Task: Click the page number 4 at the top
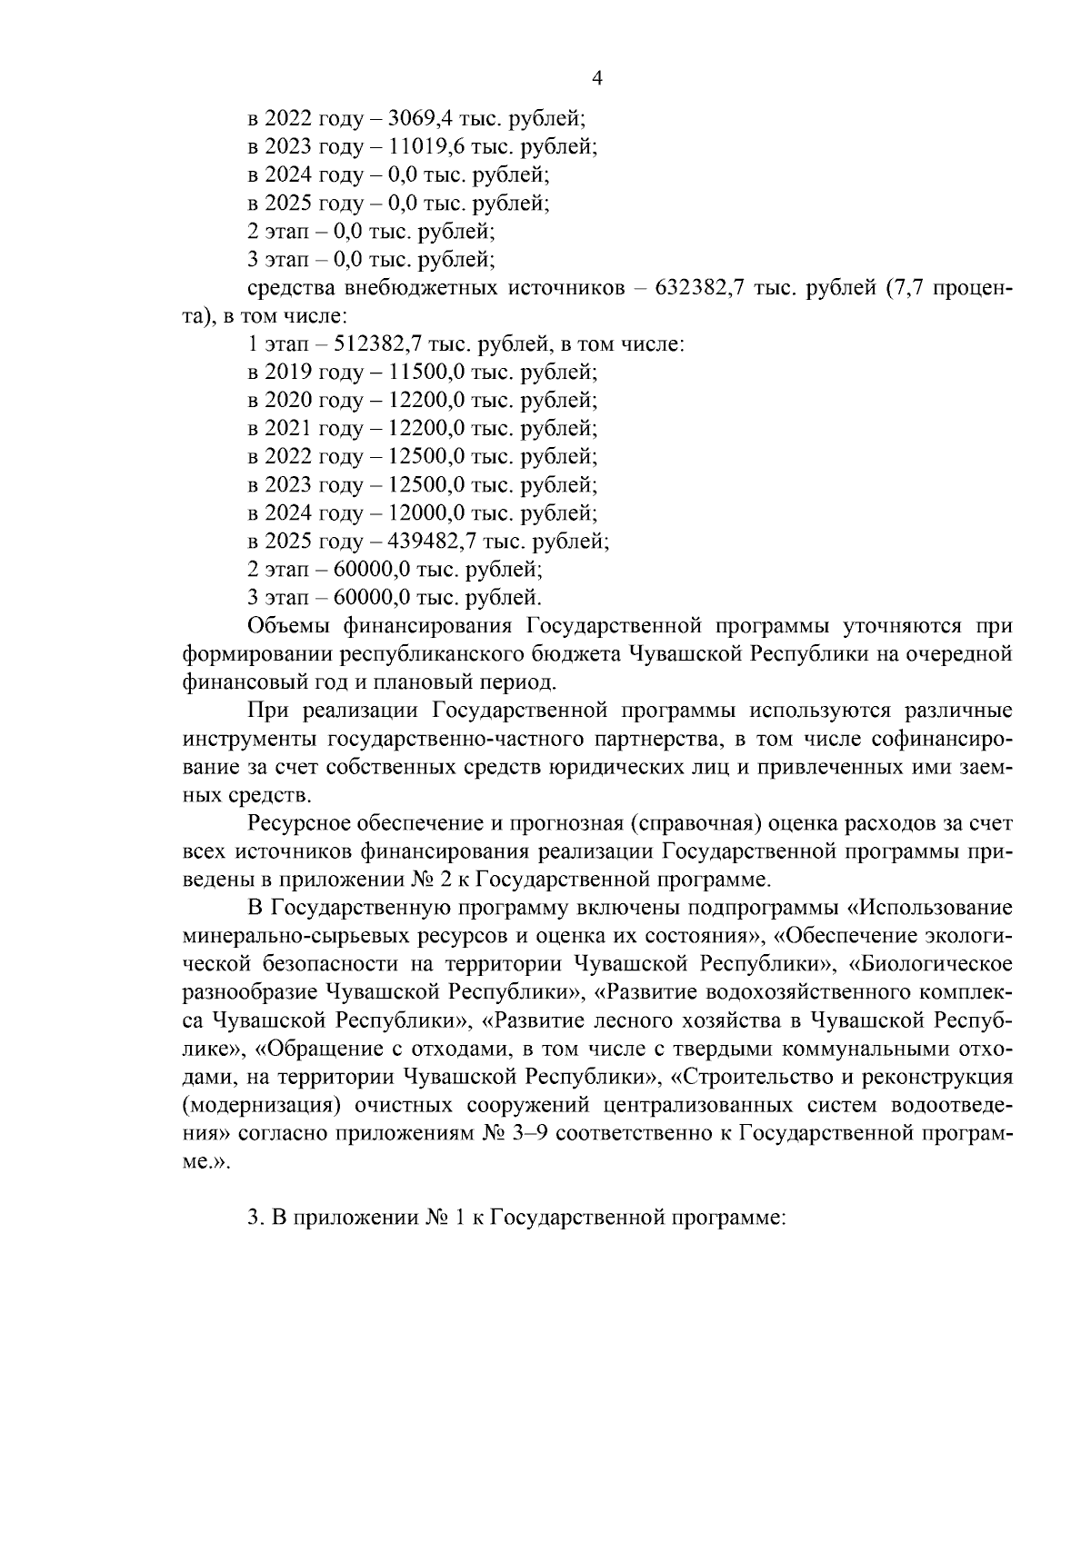tap(597, 78)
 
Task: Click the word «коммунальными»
tap(850, 1049)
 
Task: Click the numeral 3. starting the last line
tap(255, 1219)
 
